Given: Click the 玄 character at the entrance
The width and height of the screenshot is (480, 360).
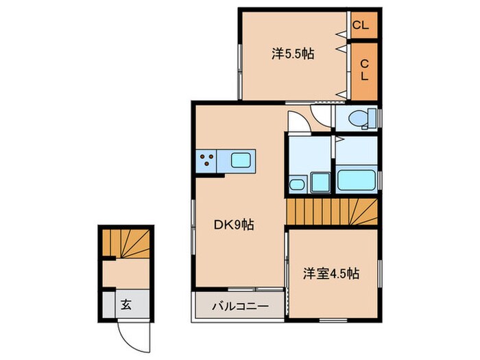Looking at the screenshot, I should (x=127, y=304).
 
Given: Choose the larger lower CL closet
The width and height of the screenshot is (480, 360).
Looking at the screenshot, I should (x=365, y=70).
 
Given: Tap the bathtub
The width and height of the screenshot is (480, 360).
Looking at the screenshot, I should (x=356, y=181).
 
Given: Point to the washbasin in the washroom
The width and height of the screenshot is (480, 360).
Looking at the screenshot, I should (x=298, y=183).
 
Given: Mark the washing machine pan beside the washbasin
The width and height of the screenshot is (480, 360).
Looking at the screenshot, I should (x=320, y=182).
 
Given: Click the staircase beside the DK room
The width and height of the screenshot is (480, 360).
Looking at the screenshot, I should (x=332, y=211).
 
